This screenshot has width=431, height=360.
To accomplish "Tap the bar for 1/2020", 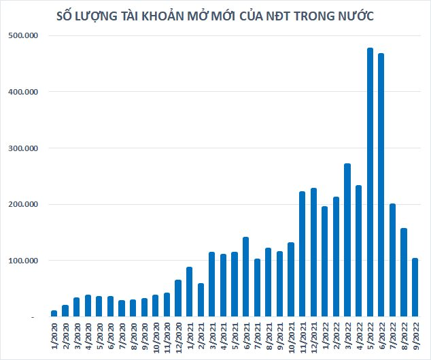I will click(x=54, y=313).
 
